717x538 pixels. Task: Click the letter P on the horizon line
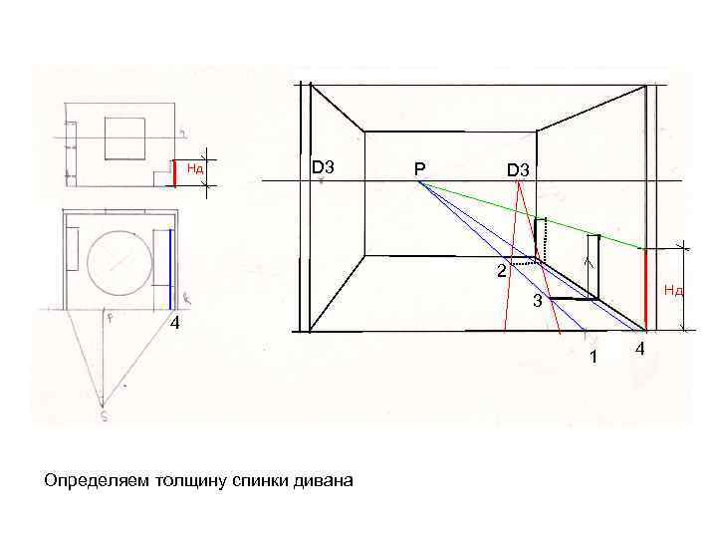(420, 170)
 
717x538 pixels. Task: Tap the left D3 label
(323, 167)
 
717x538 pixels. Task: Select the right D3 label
(519, 170)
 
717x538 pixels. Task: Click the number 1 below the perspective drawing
(594, 358)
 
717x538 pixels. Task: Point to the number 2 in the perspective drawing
(502, 271)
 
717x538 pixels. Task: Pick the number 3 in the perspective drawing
(536, 301)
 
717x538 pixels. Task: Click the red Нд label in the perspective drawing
(674, 291)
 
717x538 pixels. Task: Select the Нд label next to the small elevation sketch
(196, 168)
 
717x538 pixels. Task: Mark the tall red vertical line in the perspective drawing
(646, 289)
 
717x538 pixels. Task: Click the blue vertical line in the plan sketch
(170, 269)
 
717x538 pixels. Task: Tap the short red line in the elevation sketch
(174, 172)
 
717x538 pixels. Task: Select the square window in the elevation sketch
(125, 137)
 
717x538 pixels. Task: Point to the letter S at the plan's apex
(104, 416)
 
